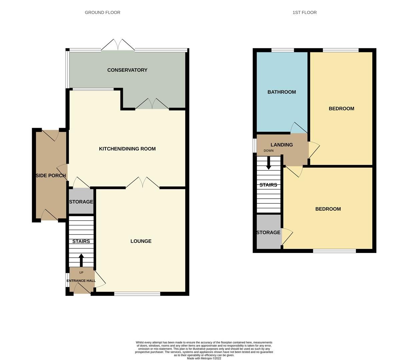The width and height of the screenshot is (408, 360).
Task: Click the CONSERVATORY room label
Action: click(127, 70)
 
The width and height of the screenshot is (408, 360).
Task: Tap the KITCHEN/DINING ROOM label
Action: click(127, 149)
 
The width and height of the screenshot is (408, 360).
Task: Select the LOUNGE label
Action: click(141, 241)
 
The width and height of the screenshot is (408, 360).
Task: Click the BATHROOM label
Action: click(282, 92)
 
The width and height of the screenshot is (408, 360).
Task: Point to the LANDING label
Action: click(282, 145)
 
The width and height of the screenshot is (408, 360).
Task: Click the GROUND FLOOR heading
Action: click(102, 12)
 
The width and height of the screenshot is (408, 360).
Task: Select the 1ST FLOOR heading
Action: click(304, 12)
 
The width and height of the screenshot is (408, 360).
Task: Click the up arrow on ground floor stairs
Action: click(81, 260)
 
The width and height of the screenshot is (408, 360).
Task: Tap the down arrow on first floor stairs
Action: click(269, 163)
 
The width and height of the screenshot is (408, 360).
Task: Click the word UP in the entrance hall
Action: click(81, 273)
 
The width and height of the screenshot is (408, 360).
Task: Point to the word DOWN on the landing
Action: click(269, 151)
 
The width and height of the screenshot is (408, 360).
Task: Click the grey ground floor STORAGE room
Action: click(81, 201)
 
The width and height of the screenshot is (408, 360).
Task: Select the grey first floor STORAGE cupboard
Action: click(269, 232)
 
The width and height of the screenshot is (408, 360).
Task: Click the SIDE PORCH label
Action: click(50, 175)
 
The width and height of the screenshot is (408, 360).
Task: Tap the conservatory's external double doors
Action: click(118, 45)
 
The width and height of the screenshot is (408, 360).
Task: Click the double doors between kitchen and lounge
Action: click(142, 183)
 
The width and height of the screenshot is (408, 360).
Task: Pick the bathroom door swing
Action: click(298, 128)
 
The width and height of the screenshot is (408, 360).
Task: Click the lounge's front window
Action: click(137, 294)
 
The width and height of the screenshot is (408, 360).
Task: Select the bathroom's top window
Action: click(283, 50)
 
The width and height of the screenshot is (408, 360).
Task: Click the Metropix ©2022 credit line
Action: click(204, 358)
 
